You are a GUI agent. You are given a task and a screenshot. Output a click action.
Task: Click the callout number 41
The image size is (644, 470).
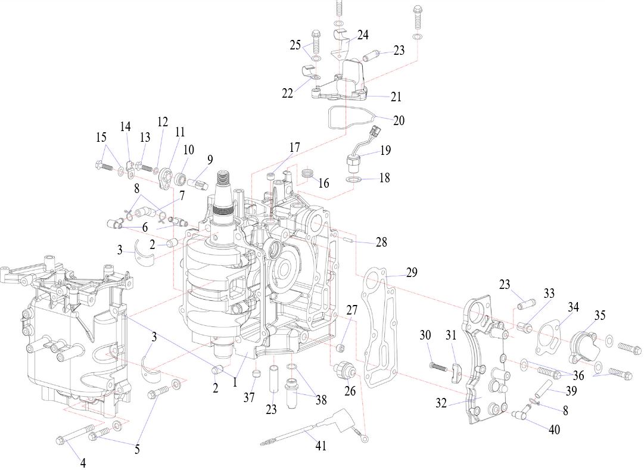pyautogui.click(x=321, y=445)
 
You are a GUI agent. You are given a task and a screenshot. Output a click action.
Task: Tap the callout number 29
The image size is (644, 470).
pyautogui.click(x=411, y=272)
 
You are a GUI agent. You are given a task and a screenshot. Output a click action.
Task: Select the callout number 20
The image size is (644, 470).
pyautogui.click(x=399, y=120)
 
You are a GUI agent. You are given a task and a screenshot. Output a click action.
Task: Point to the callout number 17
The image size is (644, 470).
pyautogui.click(x=294, y=147)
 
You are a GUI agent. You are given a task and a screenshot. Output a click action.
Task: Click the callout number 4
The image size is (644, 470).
pyautogui.click(x=83, y=463)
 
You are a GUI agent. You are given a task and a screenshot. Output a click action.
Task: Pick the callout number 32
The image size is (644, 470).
pyautogui.click(x=441, y=403)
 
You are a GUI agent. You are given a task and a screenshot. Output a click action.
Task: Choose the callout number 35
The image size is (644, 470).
pyautogui.click(x=600, y=315)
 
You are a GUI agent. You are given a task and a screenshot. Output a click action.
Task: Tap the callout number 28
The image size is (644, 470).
pyautogui.click(x=381, y=242)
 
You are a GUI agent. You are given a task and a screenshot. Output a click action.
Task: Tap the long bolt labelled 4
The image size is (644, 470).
pyautogui.click(x=74, y=434)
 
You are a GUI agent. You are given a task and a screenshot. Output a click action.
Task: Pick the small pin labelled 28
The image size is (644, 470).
pyautogui.click(x=347, y=241)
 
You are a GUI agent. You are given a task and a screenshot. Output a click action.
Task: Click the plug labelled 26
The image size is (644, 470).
pyautogui.click(x=344, y=368)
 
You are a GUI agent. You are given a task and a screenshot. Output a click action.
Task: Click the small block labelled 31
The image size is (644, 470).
pyautogui.click(x=456, y=372)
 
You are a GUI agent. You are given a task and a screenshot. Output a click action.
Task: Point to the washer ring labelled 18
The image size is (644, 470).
pyautogui.click(x=354, y=179)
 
